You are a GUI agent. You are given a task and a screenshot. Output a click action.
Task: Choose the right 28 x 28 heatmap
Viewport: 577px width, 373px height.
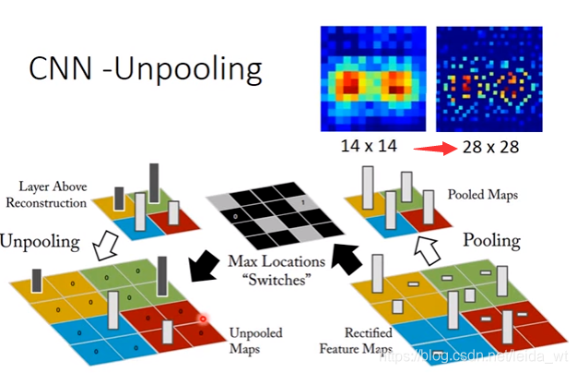click(489, 79)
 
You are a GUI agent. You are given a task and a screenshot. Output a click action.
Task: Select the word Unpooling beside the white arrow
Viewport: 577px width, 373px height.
click(43, 241)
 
